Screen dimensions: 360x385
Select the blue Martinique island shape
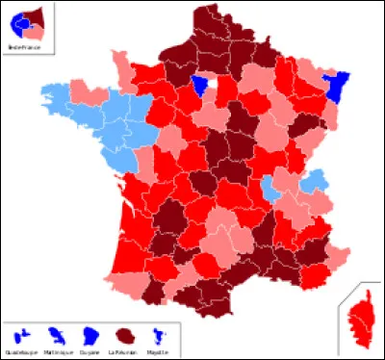[x=56, y=336]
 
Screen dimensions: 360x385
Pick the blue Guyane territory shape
[x=90, y=335]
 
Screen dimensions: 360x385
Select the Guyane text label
[x=90, y=351]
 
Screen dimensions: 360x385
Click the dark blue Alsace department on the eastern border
[x=338, y=89]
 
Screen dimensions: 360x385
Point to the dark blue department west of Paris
[x=200, y=86]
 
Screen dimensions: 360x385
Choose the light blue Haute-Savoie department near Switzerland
[x=312, y=180]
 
